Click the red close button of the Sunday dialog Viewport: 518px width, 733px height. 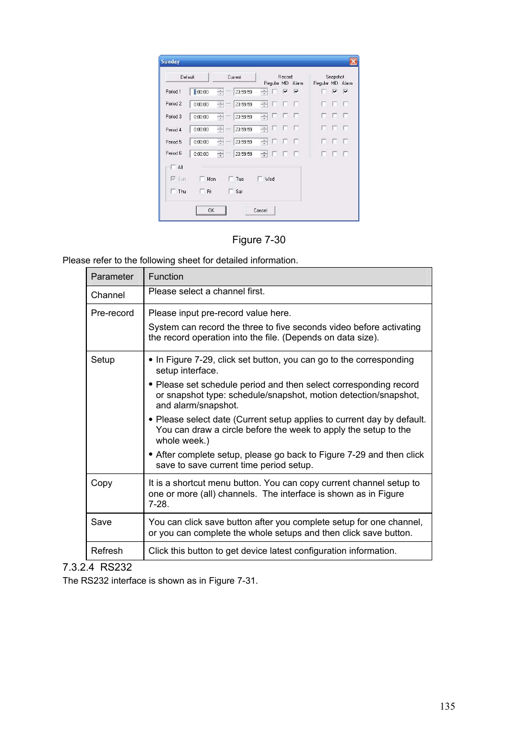pyautogui.click(x=353, y=61)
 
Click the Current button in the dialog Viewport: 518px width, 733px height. pyautogui.click(x=234, y=77)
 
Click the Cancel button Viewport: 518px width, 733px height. pyautogui.click(x=260, y=210)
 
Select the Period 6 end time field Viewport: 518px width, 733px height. pyautogui.click(x=246, y=154)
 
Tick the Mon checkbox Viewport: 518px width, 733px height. pyautogui.click(x=203, y=179)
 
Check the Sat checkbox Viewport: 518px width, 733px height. pyautogui.click(x=231, y=191)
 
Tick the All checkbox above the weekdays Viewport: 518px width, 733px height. pyautogui.click(x=173, y=167)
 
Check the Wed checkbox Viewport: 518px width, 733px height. pyautogui.click(x=260, y=179)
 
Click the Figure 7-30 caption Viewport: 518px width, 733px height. pyautogui.click(x=258, y=240)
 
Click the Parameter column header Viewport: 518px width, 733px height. pyautogui.click(x=112, y=276)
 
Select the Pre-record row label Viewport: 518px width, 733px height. pyautogui.click(x=112, y=313)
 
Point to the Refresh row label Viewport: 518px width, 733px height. pyautogui.click(x=107, y=551)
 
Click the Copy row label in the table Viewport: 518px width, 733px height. pyautogui.click(x=102, y=483)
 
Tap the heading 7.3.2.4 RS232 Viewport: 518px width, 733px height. pyautogui.click(x=97, y=567)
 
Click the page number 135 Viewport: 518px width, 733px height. pyautogui.click(x=447, y=706)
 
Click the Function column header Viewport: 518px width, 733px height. pyautogui.click(x=166, y=276)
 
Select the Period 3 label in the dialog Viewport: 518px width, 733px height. pyautogui.click(x=174, y=116)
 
